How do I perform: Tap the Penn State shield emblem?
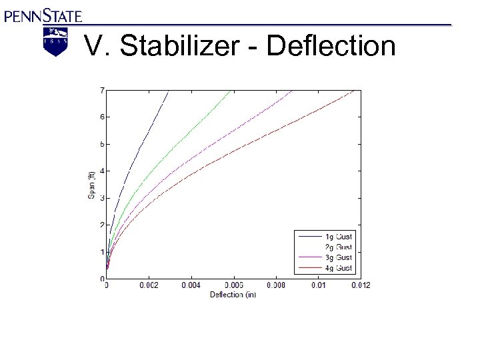click(55, 41)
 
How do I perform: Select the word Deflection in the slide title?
click(331, 47)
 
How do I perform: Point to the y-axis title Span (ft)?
click(92, 185)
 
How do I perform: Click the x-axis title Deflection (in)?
click(233, 295)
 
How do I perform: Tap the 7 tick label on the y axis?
click(101, 90)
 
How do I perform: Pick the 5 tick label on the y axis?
click(101, 144)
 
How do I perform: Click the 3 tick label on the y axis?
click(101, 198)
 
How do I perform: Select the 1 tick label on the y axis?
click(101, 252)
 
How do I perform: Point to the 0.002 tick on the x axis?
click(149, 286)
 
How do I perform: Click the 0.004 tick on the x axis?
click(191, 286)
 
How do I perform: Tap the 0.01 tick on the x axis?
click(319, 286)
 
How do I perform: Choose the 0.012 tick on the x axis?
click(361, 286)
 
